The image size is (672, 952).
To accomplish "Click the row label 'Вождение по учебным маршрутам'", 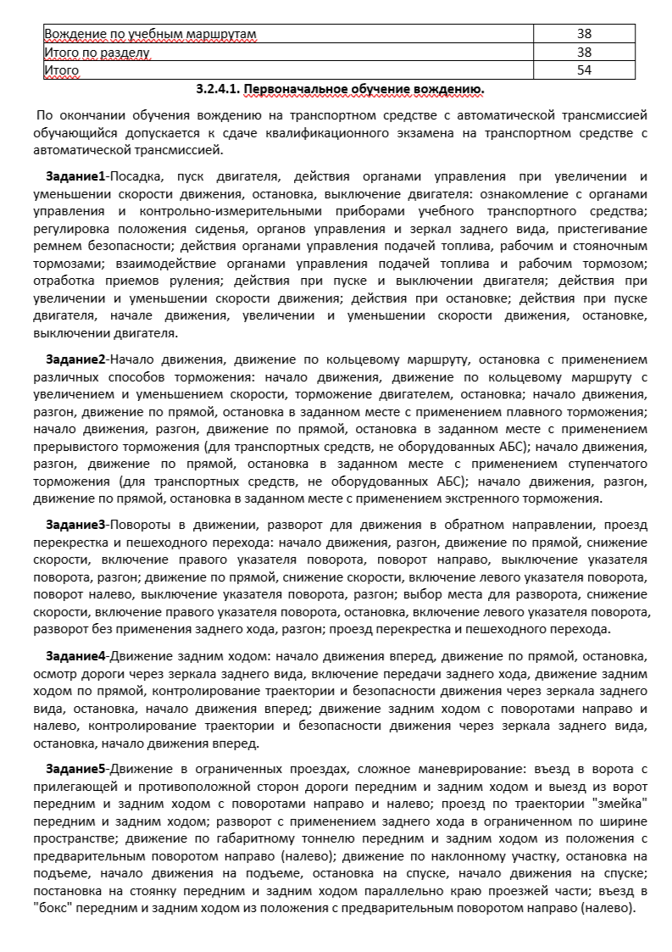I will coord(150,34).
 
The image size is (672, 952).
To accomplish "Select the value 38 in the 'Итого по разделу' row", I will coord(583,53).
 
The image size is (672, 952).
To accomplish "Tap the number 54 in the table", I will coord(583,70).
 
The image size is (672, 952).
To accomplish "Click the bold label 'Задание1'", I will coord(75,176).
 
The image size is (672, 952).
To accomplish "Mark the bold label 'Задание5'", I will coord(75,769).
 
